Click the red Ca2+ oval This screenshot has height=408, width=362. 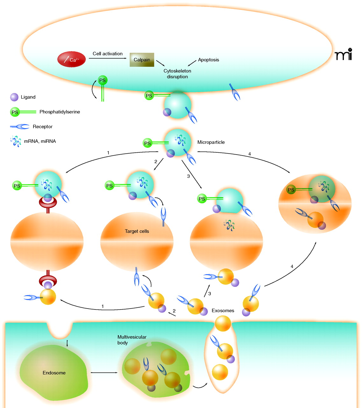pos(71,59)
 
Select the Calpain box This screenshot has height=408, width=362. pos(142,60)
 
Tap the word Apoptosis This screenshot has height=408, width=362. pos(208,60)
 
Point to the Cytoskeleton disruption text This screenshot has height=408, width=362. pos(177,74)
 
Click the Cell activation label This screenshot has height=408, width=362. pos(107,54)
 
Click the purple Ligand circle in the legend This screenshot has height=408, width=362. pos(14,97)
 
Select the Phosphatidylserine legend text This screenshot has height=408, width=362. pos(60,112)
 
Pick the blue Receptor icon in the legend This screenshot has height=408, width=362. pos(20,127)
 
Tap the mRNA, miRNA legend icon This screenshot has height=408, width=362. pos(16,141)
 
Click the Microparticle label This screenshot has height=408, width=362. pos(211,142)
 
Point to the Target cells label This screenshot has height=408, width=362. pos(137,231)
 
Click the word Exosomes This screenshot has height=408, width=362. pos(223,310)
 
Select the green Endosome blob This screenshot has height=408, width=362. pos(54,372)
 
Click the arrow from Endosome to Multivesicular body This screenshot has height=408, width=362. pos(104,372)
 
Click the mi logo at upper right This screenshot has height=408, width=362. pos(344,55)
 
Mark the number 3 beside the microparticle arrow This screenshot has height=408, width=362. pos(188,176)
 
